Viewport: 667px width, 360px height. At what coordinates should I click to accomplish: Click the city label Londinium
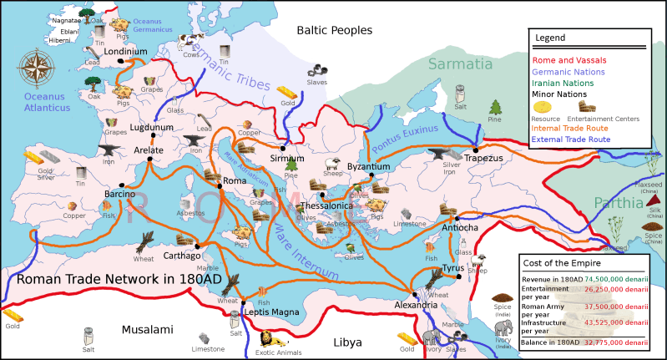pos(126,51)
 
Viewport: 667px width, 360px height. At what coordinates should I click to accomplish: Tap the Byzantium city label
pos(368,167)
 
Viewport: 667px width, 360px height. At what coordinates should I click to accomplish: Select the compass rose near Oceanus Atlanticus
pos(36,68)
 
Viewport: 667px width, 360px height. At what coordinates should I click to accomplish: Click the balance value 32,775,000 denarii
pos(617,342)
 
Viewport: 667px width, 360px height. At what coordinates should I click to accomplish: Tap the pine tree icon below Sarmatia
pos(495,107)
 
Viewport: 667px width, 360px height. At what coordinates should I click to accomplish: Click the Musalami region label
pos(147,330)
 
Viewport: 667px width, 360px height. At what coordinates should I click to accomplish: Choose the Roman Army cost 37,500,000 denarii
pos(617,306)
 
